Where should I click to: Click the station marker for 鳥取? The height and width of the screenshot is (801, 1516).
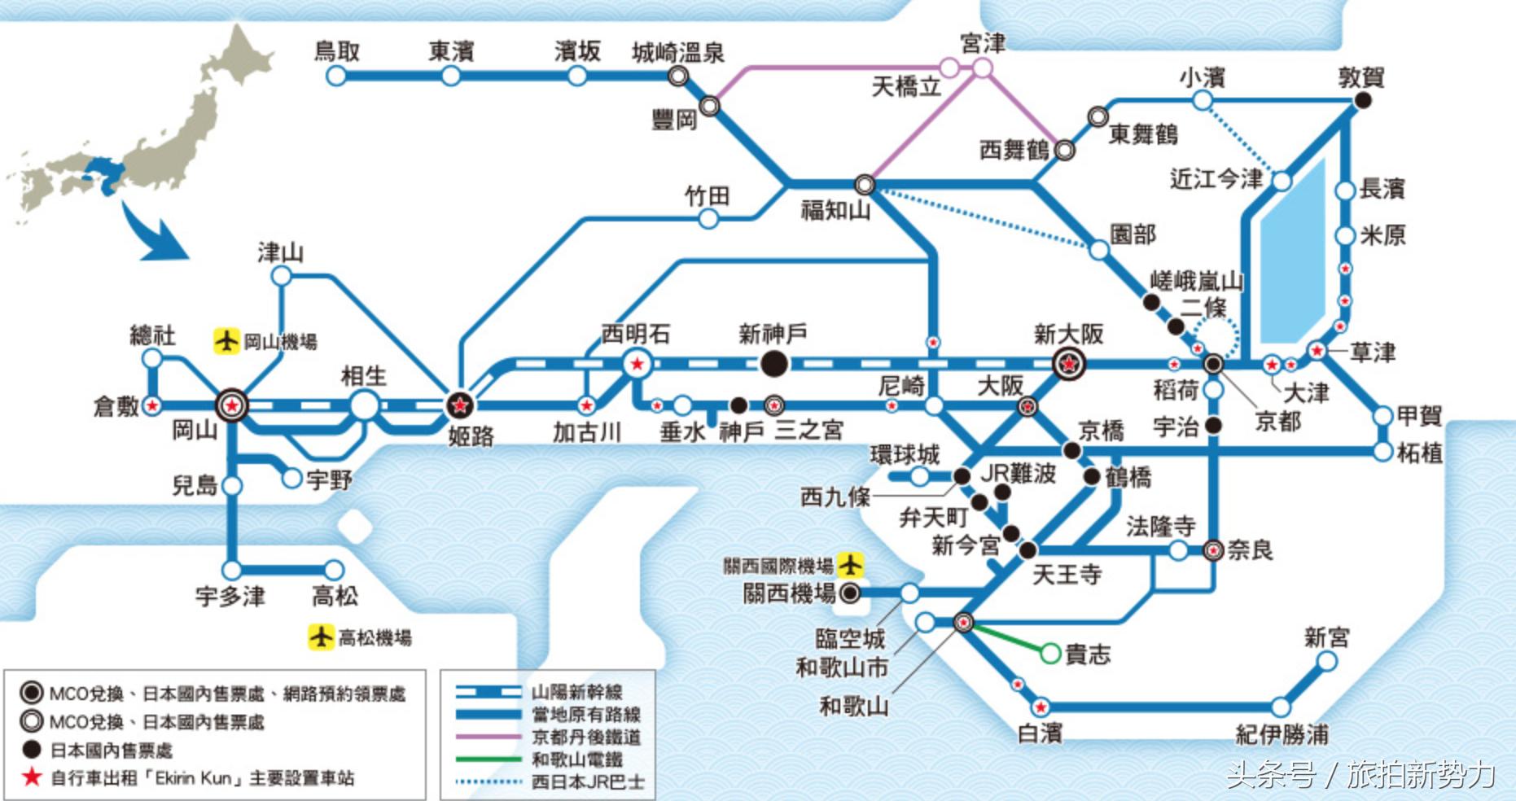pos(335,77)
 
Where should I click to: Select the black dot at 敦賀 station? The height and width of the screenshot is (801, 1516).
pos(1362,100)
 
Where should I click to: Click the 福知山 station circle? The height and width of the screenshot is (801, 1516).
pos(865,185)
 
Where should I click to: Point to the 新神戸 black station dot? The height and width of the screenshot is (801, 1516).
pos(773,364)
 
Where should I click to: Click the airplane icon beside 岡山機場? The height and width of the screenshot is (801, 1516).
pos(226,340)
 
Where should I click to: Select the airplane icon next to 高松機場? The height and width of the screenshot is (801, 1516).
pos(321,637)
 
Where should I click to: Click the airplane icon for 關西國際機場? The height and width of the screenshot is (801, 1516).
pos(850,564)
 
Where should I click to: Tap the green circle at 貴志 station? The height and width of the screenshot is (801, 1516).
pos(1050,653)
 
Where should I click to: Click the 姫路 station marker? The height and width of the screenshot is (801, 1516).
pos(459,404)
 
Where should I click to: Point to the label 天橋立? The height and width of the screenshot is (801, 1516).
pos(905,86)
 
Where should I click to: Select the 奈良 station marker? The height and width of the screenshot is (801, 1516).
pos(1213,551)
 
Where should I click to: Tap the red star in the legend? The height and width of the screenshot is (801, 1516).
pos(32,777)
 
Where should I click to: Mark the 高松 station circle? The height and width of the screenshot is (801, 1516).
pos(333,570)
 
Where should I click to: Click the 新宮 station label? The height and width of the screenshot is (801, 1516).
pos(1325,637)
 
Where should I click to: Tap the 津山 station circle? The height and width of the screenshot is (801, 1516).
pos(281,276)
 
